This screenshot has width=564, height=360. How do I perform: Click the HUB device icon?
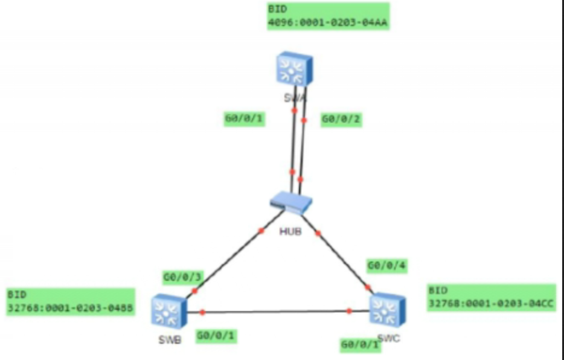(x=292, y=203)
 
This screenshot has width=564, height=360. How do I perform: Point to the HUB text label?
(x=290, y=230)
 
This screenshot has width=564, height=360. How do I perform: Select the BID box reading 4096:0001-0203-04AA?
(x=328, y=17)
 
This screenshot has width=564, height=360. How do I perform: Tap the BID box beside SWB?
(x=70, y=302)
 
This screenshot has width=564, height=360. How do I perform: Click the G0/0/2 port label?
(x=341, y=120)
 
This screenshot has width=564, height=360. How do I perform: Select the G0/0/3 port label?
(x=182, y=277)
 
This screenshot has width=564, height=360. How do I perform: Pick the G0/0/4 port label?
(x=386, y=265)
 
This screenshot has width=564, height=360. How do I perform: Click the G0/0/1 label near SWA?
(x=244, y=119)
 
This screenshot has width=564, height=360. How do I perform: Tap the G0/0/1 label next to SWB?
(x=216, y=335)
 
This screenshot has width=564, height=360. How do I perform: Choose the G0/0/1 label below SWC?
(x=360, y=346)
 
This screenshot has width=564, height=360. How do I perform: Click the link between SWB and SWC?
(x=278, y=312)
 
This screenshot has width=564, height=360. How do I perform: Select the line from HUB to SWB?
(x=236, y=251)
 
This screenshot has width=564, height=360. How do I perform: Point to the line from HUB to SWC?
(x=341, y=257)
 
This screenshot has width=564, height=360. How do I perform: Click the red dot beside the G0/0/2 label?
(x=304, y=120)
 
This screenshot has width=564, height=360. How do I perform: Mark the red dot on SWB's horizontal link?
(x=202, y=312)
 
